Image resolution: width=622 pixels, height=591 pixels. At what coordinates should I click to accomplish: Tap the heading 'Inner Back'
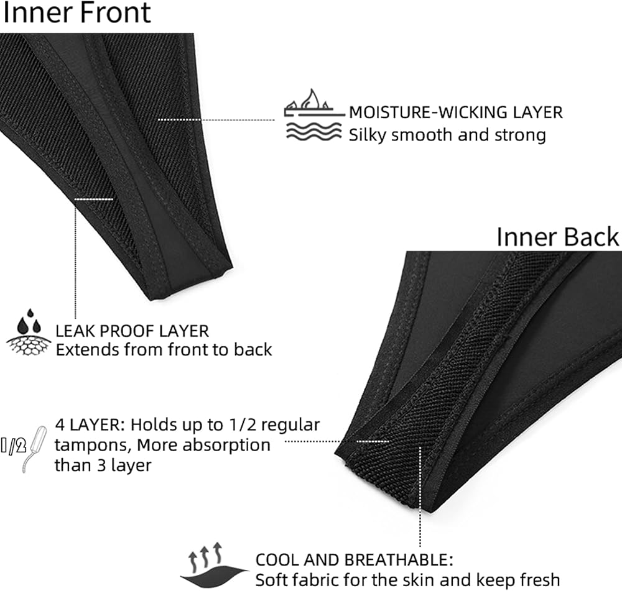557,237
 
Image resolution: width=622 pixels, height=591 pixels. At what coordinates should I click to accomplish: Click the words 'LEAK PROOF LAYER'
132,331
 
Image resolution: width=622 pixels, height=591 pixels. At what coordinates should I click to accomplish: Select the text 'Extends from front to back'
164,349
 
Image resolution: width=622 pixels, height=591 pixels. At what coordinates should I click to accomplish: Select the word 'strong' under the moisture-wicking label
518,135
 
